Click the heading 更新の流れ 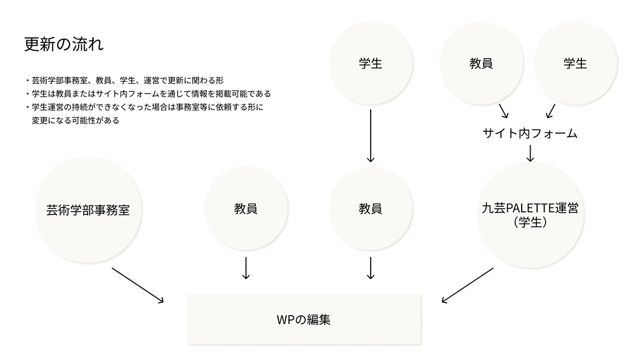tap(64, 44)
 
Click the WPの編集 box tap(305, 319)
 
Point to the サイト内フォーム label tap(530, 134)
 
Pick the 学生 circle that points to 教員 tap(371, 63)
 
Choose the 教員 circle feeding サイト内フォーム tap(481, 63)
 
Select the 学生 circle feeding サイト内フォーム tap(575, 63)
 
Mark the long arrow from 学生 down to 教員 tap(371, 135)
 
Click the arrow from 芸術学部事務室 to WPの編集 tap(138, 285)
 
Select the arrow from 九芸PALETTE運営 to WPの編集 tap(468, 285)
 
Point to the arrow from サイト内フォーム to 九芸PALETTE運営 tap(530, 153)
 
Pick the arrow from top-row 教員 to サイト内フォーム tap(503, 111)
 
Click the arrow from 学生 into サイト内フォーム tap(550, 111)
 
